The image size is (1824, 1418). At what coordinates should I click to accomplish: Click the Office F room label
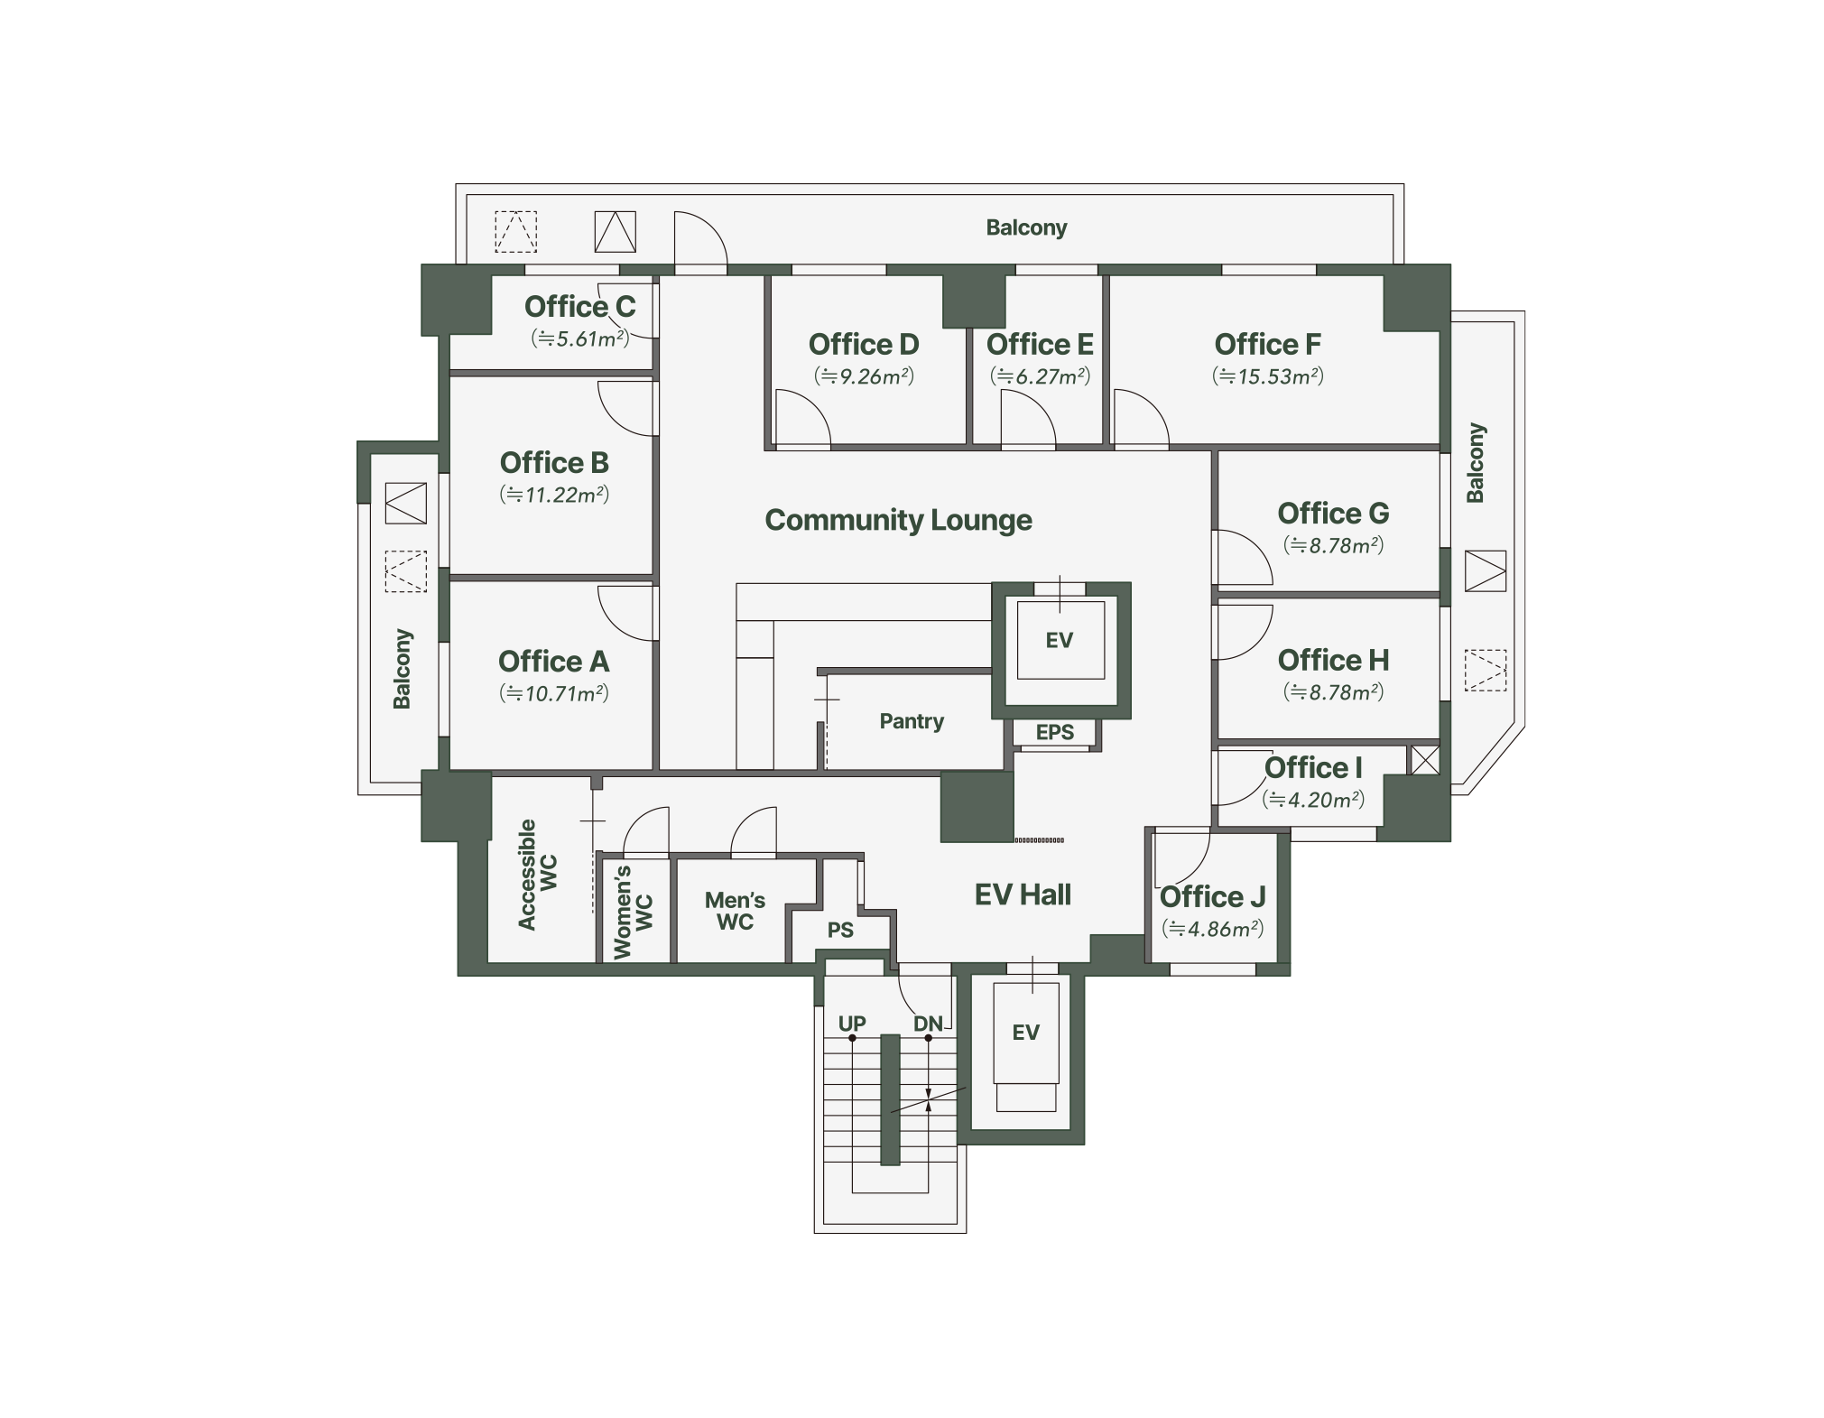coord(1267,344)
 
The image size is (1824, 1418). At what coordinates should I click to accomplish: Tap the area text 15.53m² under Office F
coord(1268,376)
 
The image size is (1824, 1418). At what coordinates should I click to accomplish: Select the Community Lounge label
coord(898,520)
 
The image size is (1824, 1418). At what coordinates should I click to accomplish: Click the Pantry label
coord(912,721)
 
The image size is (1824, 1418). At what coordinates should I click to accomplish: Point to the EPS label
coord(1054,732)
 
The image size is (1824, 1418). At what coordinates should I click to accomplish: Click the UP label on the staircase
coord(852,1024)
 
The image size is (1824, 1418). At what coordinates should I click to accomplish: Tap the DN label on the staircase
coord(928,1024)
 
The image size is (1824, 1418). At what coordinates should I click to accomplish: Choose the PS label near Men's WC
coord(840,930)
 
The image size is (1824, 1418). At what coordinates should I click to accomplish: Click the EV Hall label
coord(1023,894)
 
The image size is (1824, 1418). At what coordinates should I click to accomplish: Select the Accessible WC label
coord(538,875)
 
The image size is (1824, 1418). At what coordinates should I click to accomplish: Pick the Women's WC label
coord(633,912)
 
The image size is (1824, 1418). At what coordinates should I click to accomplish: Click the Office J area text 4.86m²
coord(1212,929)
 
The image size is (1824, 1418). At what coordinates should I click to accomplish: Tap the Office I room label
coord(1313,767)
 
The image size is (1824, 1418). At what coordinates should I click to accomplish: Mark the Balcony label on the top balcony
coord(1026,227)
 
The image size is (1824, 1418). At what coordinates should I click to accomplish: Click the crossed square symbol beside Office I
coord(1424,760)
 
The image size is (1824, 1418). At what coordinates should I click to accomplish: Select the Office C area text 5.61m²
coord(580,338)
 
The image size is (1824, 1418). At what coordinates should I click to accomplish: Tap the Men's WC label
coord(735,911)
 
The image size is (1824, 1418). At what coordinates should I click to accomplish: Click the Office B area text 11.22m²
coord(554,495)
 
